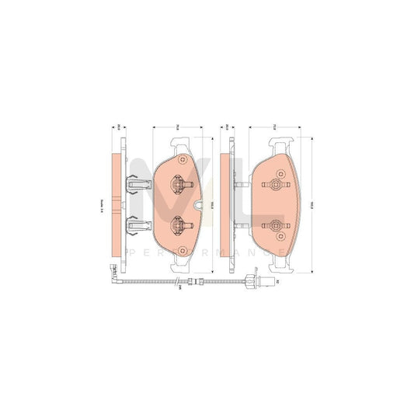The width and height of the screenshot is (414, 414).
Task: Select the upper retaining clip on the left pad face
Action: coord(179,185)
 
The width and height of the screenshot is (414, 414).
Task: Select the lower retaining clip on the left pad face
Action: coord(179,225)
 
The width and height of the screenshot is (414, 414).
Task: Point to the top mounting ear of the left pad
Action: coord(179,143)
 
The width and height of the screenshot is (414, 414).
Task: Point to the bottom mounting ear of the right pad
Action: coord(279,266)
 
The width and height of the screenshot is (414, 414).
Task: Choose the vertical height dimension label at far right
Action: coord(310,206)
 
